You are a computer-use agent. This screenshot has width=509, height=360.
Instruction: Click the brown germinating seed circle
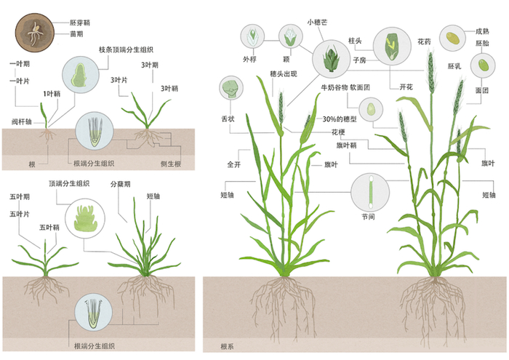[x=33, y=30]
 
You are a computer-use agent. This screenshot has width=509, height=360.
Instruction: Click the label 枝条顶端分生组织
[x=126, y=49]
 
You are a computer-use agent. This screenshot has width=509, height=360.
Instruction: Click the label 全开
[x=233, y=165]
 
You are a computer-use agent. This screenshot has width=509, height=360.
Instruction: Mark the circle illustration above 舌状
[x=231, y=88]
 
